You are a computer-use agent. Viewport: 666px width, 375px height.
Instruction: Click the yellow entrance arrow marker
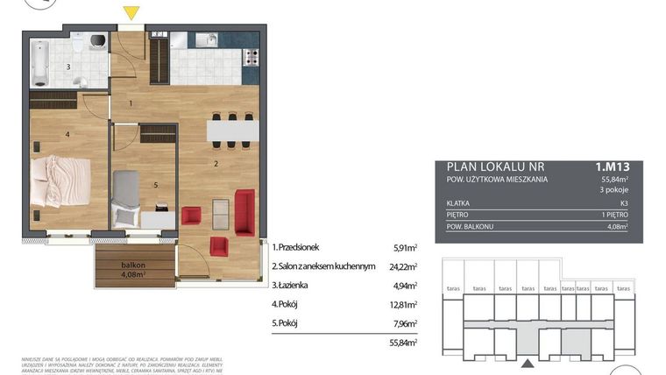(x=131, y=13)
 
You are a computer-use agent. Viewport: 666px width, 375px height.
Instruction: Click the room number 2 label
(x=215, y=163)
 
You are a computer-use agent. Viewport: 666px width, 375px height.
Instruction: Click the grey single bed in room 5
(x=127, y=195)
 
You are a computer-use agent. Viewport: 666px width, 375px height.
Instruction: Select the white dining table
(x=232, y=131)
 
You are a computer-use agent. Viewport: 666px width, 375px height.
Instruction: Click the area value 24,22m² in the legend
(x=404, y=266)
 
